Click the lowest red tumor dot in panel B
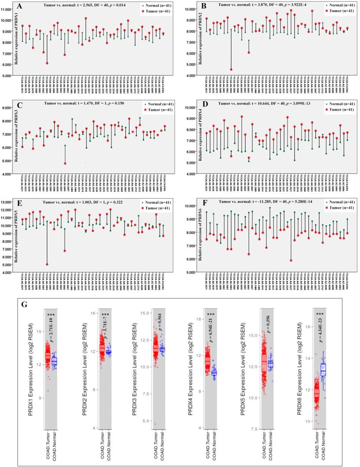[x=231, y=70]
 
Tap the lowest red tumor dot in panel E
[x=47, y=264]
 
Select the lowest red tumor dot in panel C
[x=65, y=164]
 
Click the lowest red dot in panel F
[x=291, y=261]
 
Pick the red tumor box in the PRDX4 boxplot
[x=207, y=360]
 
